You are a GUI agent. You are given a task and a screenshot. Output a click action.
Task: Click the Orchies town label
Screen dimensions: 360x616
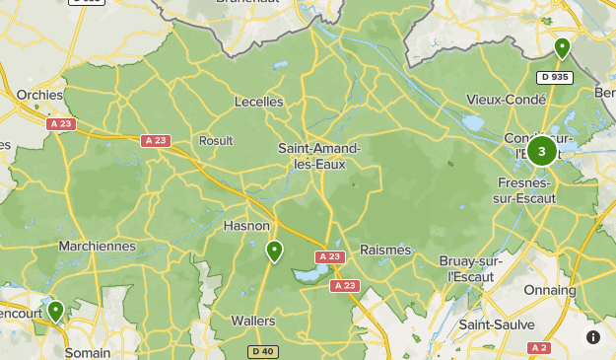point(39,95)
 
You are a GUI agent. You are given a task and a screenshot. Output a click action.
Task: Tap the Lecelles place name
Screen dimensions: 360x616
point(258,102)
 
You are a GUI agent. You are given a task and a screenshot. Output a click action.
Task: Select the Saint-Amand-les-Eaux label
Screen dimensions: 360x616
point(318,157)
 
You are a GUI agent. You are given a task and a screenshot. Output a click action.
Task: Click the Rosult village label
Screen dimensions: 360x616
point(216,140)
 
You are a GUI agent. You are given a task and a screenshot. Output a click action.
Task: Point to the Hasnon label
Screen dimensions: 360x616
point(246,226)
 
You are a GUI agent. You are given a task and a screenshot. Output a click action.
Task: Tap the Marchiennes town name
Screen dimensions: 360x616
point(97,246)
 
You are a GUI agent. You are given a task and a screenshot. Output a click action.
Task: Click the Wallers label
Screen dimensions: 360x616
point(253,321)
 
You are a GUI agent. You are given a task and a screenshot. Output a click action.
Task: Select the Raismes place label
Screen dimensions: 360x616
point(385,250)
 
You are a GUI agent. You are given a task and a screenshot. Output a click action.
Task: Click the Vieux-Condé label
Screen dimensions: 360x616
point(505,100)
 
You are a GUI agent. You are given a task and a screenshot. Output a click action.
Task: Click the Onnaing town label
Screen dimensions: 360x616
point(549,290)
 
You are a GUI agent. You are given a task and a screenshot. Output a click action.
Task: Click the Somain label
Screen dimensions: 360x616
point(88,351)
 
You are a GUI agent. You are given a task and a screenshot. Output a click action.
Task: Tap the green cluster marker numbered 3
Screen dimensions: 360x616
point(541,152)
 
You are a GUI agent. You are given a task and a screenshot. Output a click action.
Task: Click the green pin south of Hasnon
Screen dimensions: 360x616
point(274,252)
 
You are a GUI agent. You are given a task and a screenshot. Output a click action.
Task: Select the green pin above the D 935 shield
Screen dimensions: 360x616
point(562,47)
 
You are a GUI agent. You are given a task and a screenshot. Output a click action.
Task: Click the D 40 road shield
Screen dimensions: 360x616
point(262,351)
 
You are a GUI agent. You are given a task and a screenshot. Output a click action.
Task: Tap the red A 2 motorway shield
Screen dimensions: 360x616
point(538,347)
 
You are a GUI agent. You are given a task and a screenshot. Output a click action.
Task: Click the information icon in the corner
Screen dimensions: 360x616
point(593,337)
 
